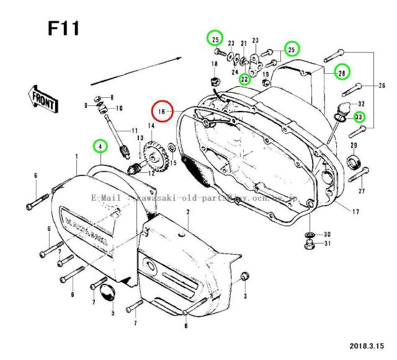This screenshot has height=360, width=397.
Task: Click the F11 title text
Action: click(x=63, y=29)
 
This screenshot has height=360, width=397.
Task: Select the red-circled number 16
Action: click(x=163, y=112)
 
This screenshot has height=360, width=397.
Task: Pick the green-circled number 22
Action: click(x=245, y=79)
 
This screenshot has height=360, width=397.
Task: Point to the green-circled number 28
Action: click(x=341, y=73)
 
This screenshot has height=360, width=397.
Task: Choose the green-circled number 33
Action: click(x=359, y=116)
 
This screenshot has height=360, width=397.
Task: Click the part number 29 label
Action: click(x=353, y=145)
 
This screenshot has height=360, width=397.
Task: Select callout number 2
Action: click(x=187, y=213)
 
